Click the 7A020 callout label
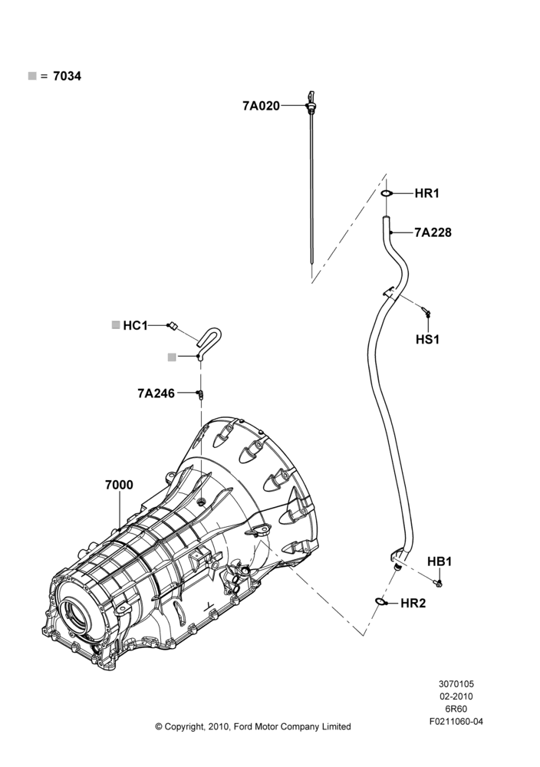pyautogui.click(x=262, y=106)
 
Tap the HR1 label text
pyautogui.click(x=427, y=194)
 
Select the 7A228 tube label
pyautogui.click(x=433, y=232)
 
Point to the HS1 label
pyautogui.click(x=427, y=339)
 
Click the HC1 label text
pyautogui.click(x=136, y=325)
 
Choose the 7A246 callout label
pyautogui.click(x=156, y=393)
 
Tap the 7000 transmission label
pyautogui.click(x=119, y=485)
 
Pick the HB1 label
pyautogui.click(x=440, y=561)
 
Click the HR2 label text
pyautogui.click(x=413, y=603)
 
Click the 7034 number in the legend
pyautogui.click(x=67, y=76)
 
